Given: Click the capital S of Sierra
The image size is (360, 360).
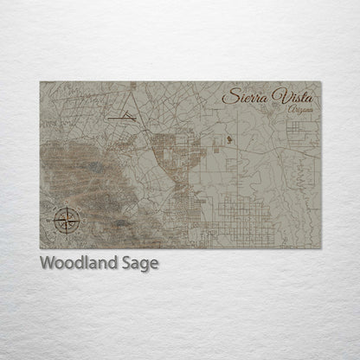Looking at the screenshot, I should click(228, 96).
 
